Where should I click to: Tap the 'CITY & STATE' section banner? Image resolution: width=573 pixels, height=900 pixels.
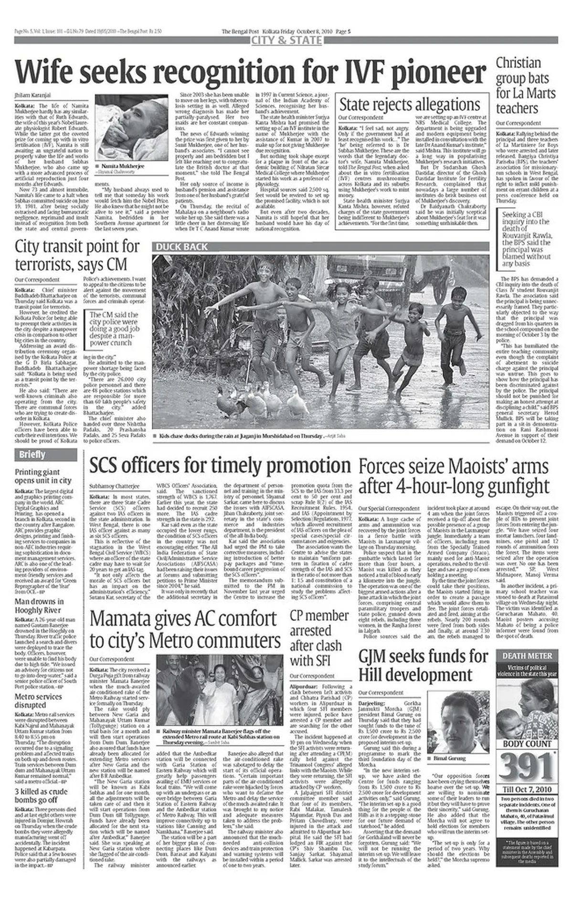[286, 41]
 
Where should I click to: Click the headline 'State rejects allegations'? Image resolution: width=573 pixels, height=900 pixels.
[410, 104]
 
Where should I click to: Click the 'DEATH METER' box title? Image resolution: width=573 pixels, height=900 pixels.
[527, 656]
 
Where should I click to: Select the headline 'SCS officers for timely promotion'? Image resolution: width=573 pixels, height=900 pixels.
[220, 465]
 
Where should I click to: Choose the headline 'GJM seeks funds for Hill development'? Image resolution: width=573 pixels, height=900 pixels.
[423, 666]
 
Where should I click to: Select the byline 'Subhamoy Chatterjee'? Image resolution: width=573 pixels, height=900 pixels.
[115, 486]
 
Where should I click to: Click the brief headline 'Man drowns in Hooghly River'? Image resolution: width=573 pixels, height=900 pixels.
[39, 606]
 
